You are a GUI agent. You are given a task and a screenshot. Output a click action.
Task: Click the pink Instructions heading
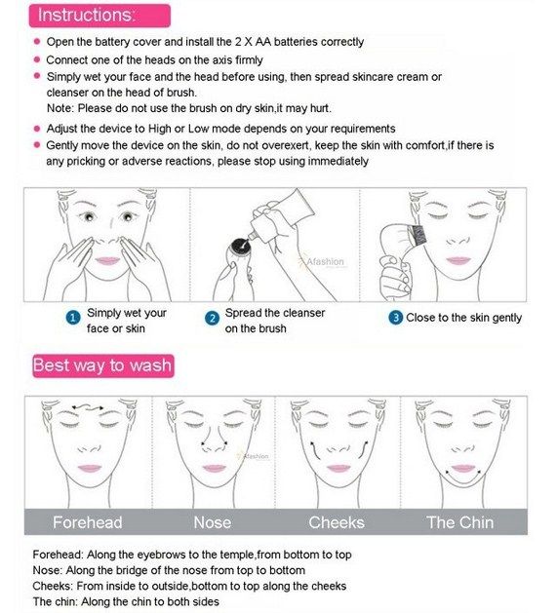pos(99,16)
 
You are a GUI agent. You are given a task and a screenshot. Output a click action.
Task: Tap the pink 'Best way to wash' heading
pos(103,365)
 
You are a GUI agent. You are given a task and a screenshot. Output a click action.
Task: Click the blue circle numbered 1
pos(73,318)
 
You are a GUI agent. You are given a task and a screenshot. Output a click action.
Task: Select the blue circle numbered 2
pos(212,318)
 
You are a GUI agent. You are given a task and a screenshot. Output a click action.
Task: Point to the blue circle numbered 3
pos(395,318)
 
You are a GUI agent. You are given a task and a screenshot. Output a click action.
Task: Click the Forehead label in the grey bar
pos(87,522)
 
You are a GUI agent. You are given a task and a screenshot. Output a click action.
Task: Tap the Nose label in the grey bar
pos(212,522)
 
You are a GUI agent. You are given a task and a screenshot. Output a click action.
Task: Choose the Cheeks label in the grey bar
pos(337,522)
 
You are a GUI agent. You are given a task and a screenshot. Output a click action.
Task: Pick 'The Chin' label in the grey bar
pos(459,522)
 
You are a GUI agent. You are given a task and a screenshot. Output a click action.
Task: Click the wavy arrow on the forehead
pos(88,408)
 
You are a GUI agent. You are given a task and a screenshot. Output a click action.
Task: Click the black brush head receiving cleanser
pos(240,247)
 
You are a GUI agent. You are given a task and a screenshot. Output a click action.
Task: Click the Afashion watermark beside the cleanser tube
pos(325,261)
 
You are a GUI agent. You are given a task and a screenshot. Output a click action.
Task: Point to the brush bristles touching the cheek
pos(418,235)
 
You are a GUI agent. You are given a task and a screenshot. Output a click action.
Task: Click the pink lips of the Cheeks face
pos(338,468)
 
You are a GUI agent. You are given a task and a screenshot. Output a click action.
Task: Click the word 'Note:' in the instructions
pos(60,108)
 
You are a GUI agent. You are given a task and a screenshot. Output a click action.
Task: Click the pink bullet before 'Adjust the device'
pos(37,129)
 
